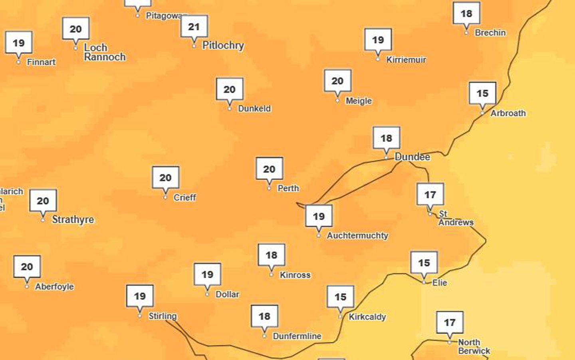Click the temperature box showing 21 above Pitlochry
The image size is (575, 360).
(194, 27)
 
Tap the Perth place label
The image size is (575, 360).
(288, 188)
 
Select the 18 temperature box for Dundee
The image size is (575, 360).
(386, 138)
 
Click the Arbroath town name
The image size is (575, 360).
(508, 113)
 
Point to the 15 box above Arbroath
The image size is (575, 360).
(482, 93)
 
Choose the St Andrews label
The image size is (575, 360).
(455, 218)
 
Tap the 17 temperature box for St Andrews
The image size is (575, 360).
(430, 195)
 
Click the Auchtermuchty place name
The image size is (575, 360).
(357, 236)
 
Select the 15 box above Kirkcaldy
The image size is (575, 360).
(340, 297)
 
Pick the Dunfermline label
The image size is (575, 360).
(297, 336)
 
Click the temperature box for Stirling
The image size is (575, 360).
(140, 296)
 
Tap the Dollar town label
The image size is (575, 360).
(227, 294)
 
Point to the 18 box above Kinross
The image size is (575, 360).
(272, 255)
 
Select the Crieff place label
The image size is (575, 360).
(184, 197)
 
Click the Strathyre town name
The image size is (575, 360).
(73, 219)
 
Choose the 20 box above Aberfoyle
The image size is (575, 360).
(27, 267)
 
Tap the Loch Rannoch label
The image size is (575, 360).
(104, 52)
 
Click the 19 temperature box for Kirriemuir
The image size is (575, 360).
(378, 40)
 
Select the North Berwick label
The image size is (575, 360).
(473, 346)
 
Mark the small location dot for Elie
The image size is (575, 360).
(424, 282)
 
